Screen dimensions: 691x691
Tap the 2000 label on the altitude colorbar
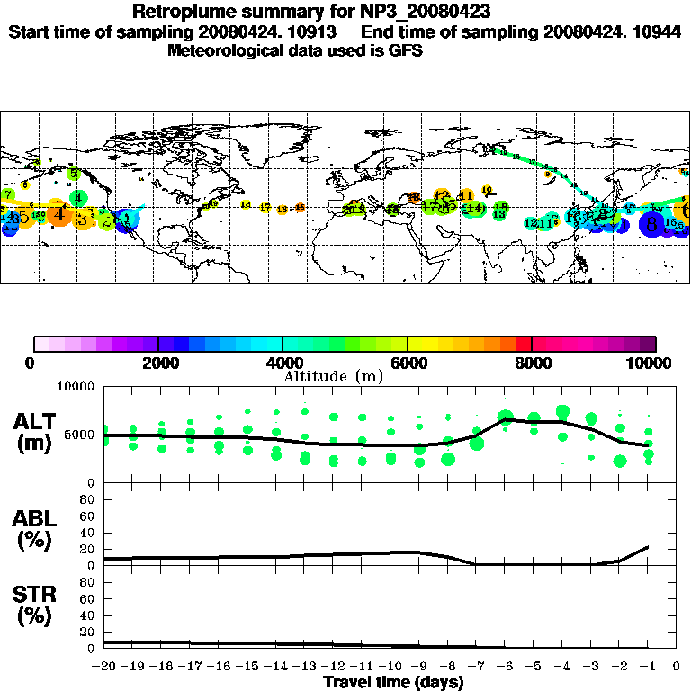(157, 363)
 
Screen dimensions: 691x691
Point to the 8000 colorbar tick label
(532, 363)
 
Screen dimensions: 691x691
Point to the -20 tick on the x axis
(104, 667)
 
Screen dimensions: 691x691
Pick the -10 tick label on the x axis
(390, 667)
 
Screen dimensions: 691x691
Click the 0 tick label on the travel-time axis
(677, 667)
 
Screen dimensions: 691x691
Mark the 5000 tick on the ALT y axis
(81, 435)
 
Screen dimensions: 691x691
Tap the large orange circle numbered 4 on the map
(59, 214)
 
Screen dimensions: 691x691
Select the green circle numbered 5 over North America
(75, 173)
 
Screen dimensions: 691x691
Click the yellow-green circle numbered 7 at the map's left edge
(7, 194)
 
